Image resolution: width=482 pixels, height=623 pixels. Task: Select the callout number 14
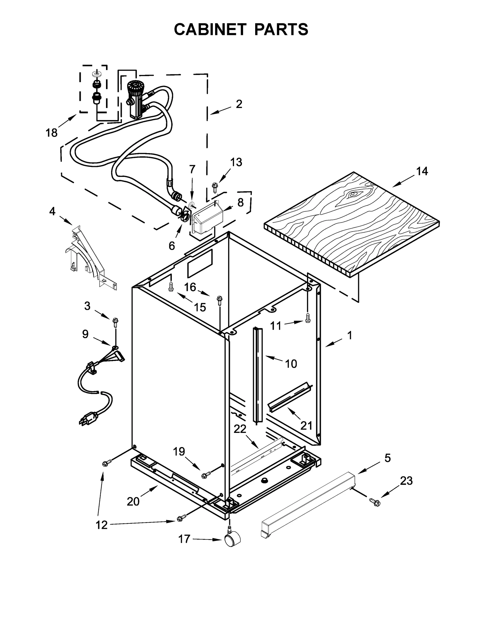(422, 171)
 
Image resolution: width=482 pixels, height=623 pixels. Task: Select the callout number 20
(133, 501)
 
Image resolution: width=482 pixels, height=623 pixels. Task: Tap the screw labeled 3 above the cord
(115, 322)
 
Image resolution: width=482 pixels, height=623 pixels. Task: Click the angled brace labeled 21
(289, 397)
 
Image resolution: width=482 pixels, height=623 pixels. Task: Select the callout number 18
(52, 132)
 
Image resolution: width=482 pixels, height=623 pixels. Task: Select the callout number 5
(387, 458)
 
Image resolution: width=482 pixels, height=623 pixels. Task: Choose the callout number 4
(52, 211)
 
